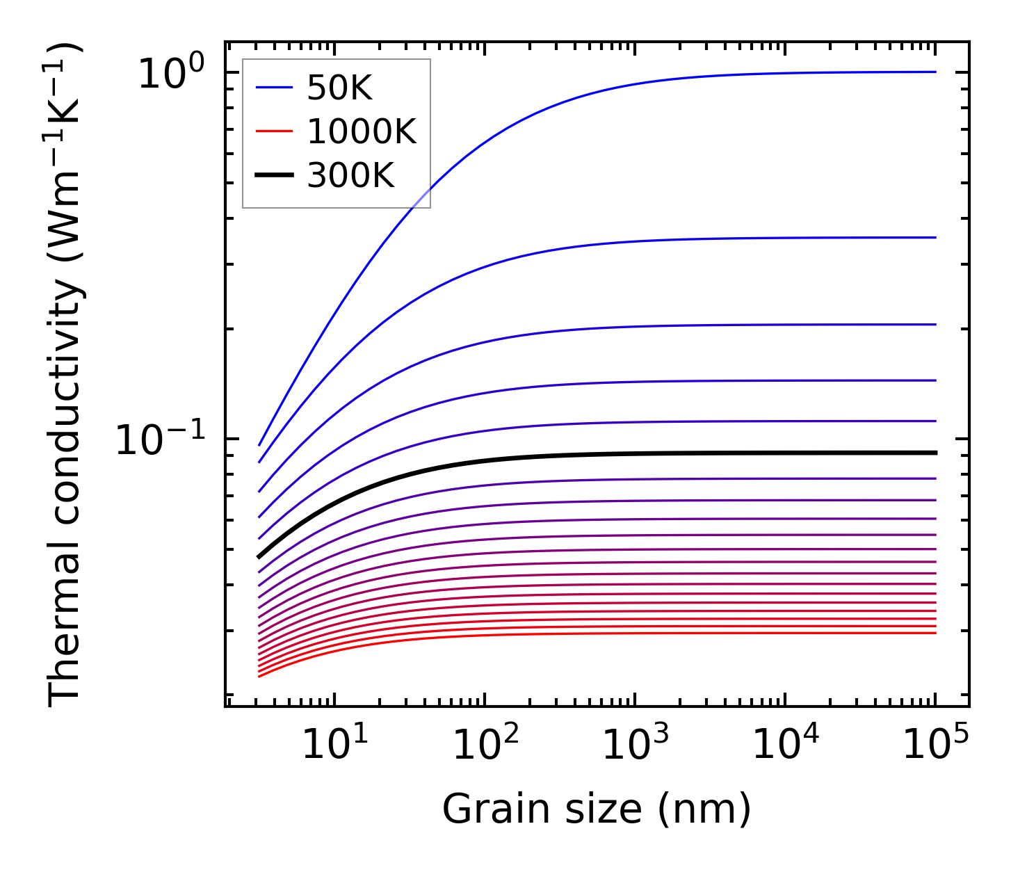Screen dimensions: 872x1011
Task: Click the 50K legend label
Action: [339, 88]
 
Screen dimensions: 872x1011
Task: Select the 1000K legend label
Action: [361, 132]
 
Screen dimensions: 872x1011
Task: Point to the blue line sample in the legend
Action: [274, 88]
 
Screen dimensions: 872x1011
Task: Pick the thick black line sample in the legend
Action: [274, 177]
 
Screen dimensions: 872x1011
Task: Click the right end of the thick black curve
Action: [936, 453]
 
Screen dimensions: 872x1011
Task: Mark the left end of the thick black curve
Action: [259, 557]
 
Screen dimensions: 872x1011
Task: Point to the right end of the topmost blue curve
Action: [936, 72]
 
